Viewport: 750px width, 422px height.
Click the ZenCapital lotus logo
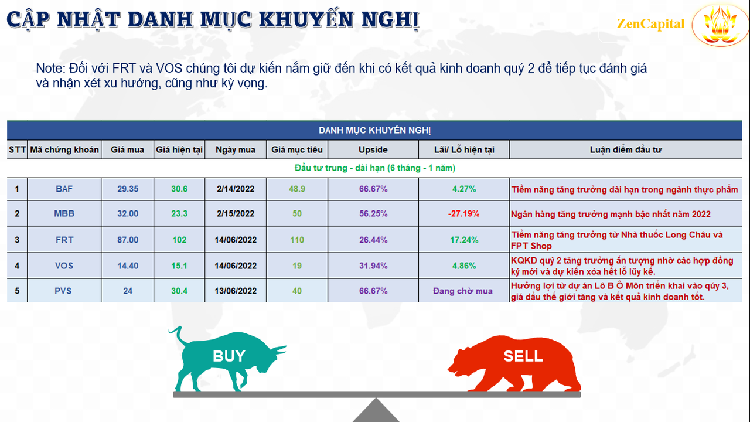720,24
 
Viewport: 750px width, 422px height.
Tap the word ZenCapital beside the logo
650,24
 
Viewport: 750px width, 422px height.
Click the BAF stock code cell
64,189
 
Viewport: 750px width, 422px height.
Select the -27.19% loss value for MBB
463,214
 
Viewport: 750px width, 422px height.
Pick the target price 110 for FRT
297,240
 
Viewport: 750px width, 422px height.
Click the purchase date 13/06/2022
236,291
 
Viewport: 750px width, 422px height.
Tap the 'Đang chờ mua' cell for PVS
463,291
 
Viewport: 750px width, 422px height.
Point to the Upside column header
373,149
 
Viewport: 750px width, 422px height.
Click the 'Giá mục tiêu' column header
297,149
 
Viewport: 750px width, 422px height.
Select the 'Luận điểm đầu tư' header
625,149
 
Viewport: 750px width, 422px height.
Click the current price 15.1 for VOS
179,266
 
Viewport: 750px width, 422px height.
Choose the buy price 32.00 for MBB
128,214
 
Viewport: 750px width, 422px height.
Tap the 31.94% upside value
373,266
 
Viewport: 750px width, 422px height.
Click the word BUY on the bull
229,356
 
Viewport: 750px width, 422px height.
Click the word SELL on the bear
523,356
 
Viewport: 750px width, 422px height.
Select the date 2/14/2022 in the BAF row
236,189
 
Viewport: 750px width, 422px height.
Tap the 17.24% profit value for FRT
463,240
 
